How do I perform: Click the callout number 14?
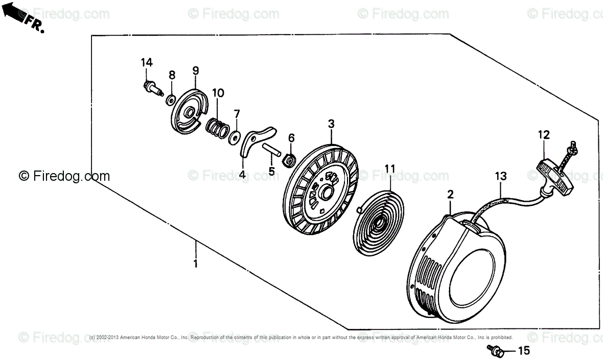pos(147,62)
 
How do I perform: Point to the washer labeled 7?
pos(235,136)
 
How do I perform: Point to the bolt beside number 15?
pos(496,350)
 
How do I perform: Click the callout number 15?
pos(524,351)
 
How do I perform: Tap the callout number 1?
pos(195,263)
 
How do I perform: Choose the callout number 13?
pos(500,176)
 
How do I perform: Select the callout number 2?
pos(450,194)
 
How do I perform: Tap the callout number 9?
pos(195,70)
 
